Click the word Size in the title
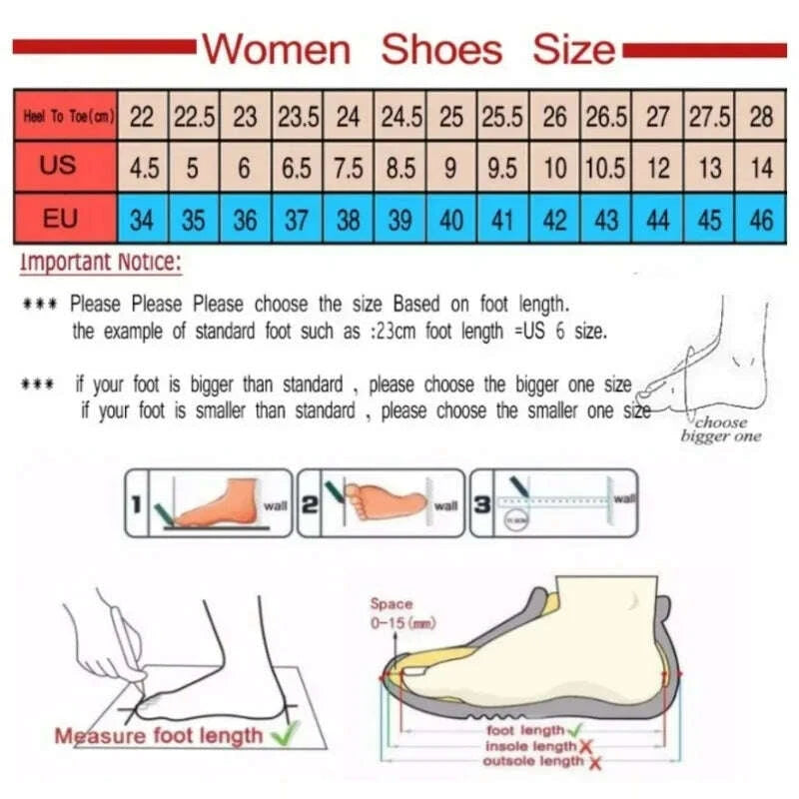pos(573,49)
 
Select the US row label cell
pos(59,166)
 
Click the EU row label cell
pos(59,219)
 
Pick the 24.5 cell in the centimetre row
pos(399,117)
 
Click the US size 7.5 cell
pos(348,168)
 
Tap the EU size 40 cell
pos(451,220)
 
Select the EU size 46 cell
pos(761,220)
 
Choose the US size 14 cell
pos(761,168)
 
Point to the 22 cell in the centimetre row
pos(143,117)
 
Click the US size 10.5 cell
pos(606,168)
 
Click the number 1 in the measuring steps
pos(134,505)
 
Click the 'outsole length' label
pos(533,761)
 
